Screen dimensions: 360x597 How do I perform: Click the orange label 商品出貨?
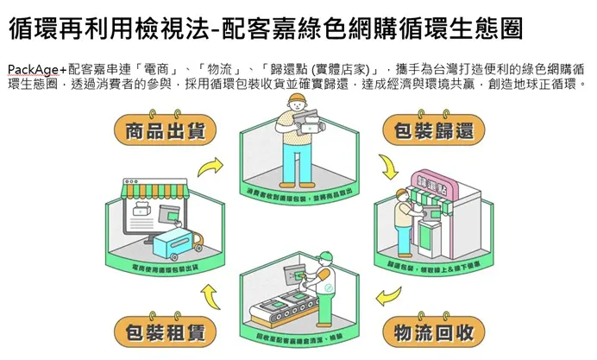pyautogui.click(x=165, y=131)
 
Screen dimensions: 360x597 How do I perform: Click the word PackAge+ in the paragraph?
pyautogui.click(x=36, y=68)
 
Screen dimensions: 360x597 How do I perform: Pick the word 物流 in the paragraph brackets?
pyautogui.click(x=212, y=68)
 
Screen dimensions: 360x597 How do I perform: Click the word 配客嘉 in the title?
pyautogui.click(x=251, y=28)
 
